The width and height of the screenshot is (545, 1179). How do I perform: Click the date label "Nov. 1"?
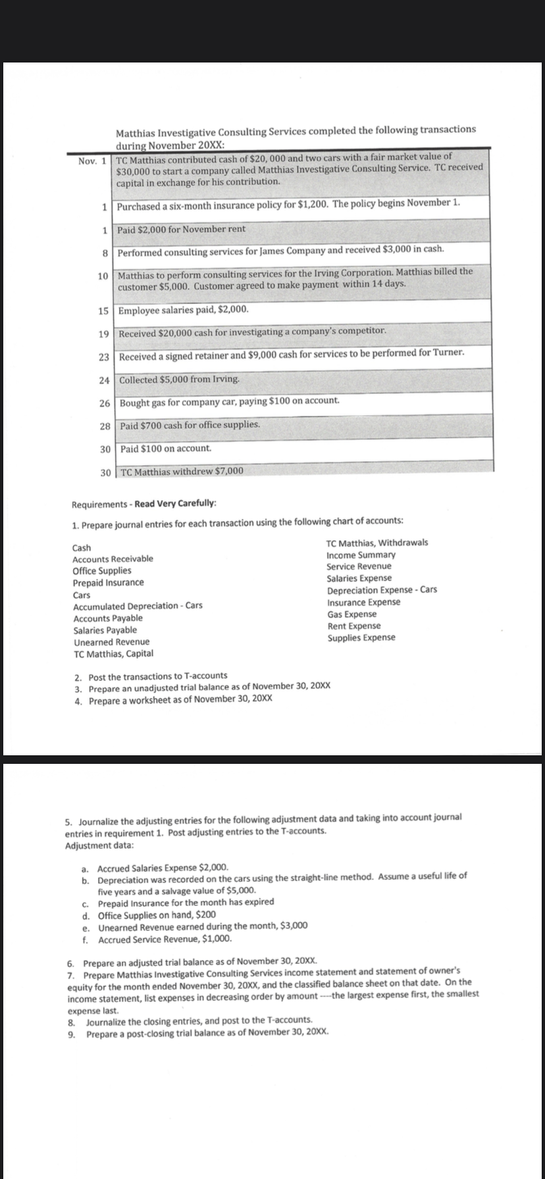(x=93, y=161)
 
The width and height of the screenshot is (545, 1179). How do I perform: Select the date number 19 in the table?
(x=104, y=334)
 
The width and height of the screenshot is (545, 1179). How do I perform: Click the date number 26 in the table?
(x=104, y=402)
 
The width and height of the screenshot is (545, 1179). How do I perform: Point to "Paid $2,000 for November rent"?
(x=182, y=229)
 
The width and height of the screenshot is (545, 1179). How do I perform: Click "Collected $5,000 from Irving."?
(x=179, y=380)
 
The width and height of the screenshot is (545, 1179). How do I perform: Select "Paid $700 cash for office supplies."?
(x=190, y=425)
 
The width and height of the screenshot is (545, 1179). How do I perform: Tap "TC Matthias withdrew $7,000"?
(x=182, y=471)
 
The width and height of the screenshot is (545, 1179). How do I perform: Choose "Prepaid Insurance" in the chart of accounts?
(x=108, y=583)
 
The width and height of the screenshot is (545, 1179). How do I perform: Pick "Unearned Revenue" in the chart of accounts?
(x=111, y=642)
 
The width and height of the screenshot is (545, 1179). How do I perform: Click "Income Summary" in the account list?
(x=361, y=555)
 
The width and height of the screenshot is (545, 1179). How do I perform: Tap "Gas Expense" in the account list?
(x=352, y=614)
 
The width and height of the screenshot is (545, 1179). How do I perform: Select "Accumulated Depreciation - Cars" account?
(x=138, y=606)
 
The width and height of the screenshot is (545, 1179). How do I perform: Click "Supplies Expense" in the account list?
(x=361, y=638)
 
